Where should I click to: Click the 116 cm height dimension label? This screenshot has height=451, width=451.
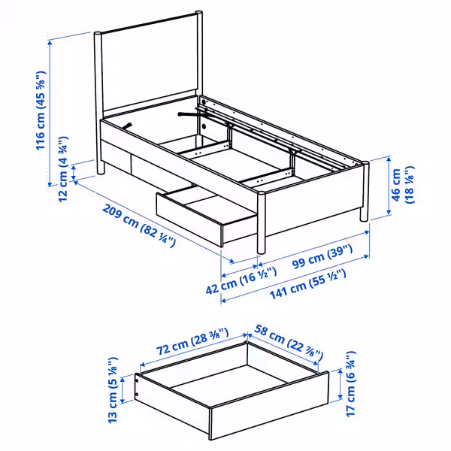pyautogui.click(x=41, y=110)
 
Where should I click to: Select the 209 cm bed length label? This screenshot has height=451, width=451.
pyautogui.click(x=139, y=225)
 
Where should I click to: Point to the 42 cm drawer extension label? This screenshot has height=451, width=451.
pyautogui.click(x=241, y=280)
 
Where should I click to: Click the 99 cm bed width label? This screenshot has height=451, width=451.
pyautogui.click(x=322, y=256)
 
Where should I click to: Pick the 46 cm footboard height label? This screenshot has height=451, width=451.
pyautogui.click(x=402, y=185)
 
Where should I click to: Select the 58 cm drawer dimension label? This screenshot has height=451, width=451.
pyautogui.click(x=289, y=343)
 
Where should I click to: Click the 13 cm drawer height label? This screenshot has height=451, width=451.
pyautogui.click(x=113, y=390)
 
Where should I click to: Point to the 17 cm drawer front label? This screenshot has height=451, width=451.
pyautogui.click(x=351, y=383)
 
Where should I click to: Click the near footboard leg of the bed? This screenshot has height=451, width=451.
pyautogui.click(x=261, y=222)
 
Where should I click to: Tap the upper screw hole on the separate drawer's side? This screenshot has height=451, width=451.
pyautogui.click(x=138, y=380)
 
